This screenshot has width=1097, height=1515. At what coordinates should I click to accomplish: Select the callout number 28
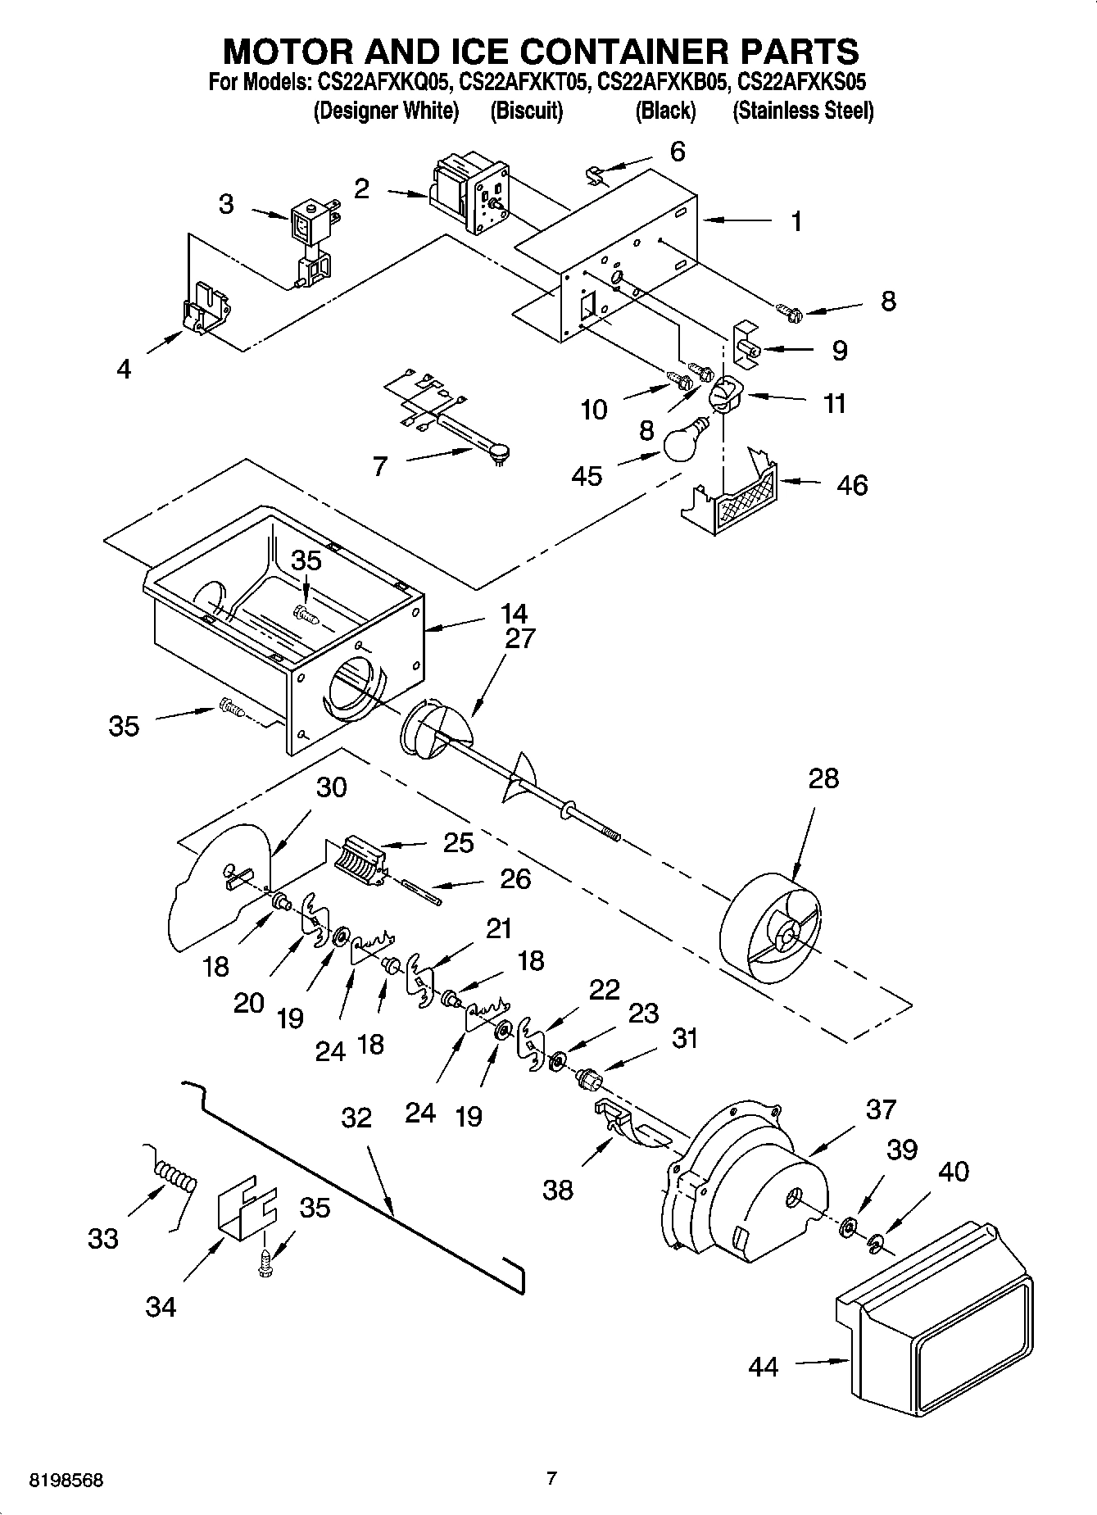pyautogui.click(x=823, y=778)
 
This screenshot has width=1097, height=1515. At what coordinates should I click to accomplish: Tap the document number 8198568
pyautogui.click(x=66, y=1481)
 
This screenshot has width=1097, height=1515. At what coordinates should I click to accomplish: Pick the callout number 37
pyautogui.click(x=881, y=1110)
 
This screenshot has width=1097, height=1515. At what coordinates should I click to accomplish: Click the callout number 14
pyautogui.click(x=514, y=613)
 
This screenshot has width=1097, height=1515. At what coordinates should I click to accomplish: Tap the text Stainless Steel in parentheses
pyautogui.click(x=802, y=111)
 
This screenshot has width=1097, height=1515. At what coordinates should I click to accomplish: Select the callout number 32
pyautogui.click(x=356, y=1118)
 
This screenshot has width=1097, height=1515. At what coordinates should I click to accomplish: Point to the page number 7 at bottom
pyautogui.click(x=551, y=1479)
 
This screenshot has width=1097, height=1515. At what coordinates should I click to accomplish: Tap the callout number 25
pyautogui.click(x=458, y=842)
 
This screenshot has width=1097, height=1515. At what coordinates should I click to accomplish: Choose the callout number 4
pyautogui.click(x=123, y=370)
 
